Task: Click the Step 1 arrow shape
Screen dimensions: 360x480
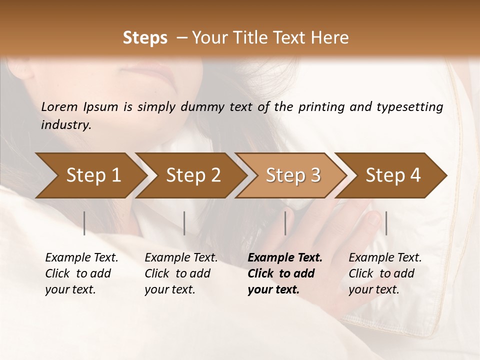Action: [x=90, y=175]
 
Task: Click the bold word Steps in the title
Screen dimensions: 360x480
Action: [x=145, y=38]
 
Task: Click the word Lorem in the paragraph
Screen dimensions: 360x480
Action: [x=59, y=106]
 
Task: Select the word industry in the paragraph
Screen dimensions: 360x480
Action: [x=65, y=125]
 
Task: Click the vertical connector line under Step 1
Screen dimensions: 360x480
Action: [x=84, y=223]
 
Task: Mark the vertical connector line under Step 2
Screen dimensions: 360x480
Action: [x=184, y=223]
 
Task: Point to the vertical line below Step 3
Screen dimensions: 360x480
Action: [x=285, y=223]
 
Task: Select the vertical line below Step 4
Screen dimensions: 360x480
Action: [x=386, y=223]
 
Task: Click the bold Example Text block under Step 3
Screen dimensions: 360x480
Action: [x=285, y=273]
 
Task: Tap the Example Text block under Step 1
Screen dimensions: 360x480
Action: [x=81, y=273]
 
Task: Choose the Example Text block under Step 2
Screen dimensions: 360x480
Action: [x=181, y=273]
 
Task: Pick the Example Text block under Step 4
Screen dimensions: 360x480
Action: [x=385, y=273]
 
